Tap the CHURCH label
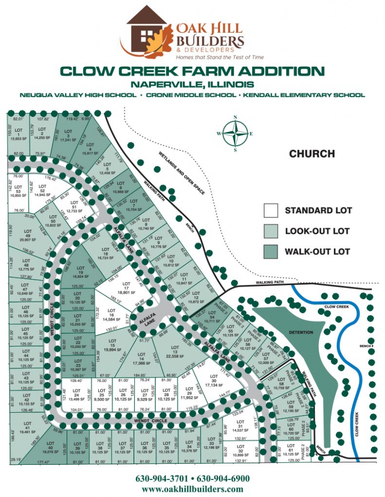(312, 154)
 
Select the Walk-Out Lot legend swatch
(272, 252)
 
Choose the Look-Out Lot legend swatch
(272, 231)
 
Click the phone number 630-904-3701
(163, 478)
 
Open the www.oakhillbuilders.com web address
(192, 489)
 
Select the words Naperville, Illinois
(192, 84)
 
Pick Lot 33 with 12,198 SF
(212, 445)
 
